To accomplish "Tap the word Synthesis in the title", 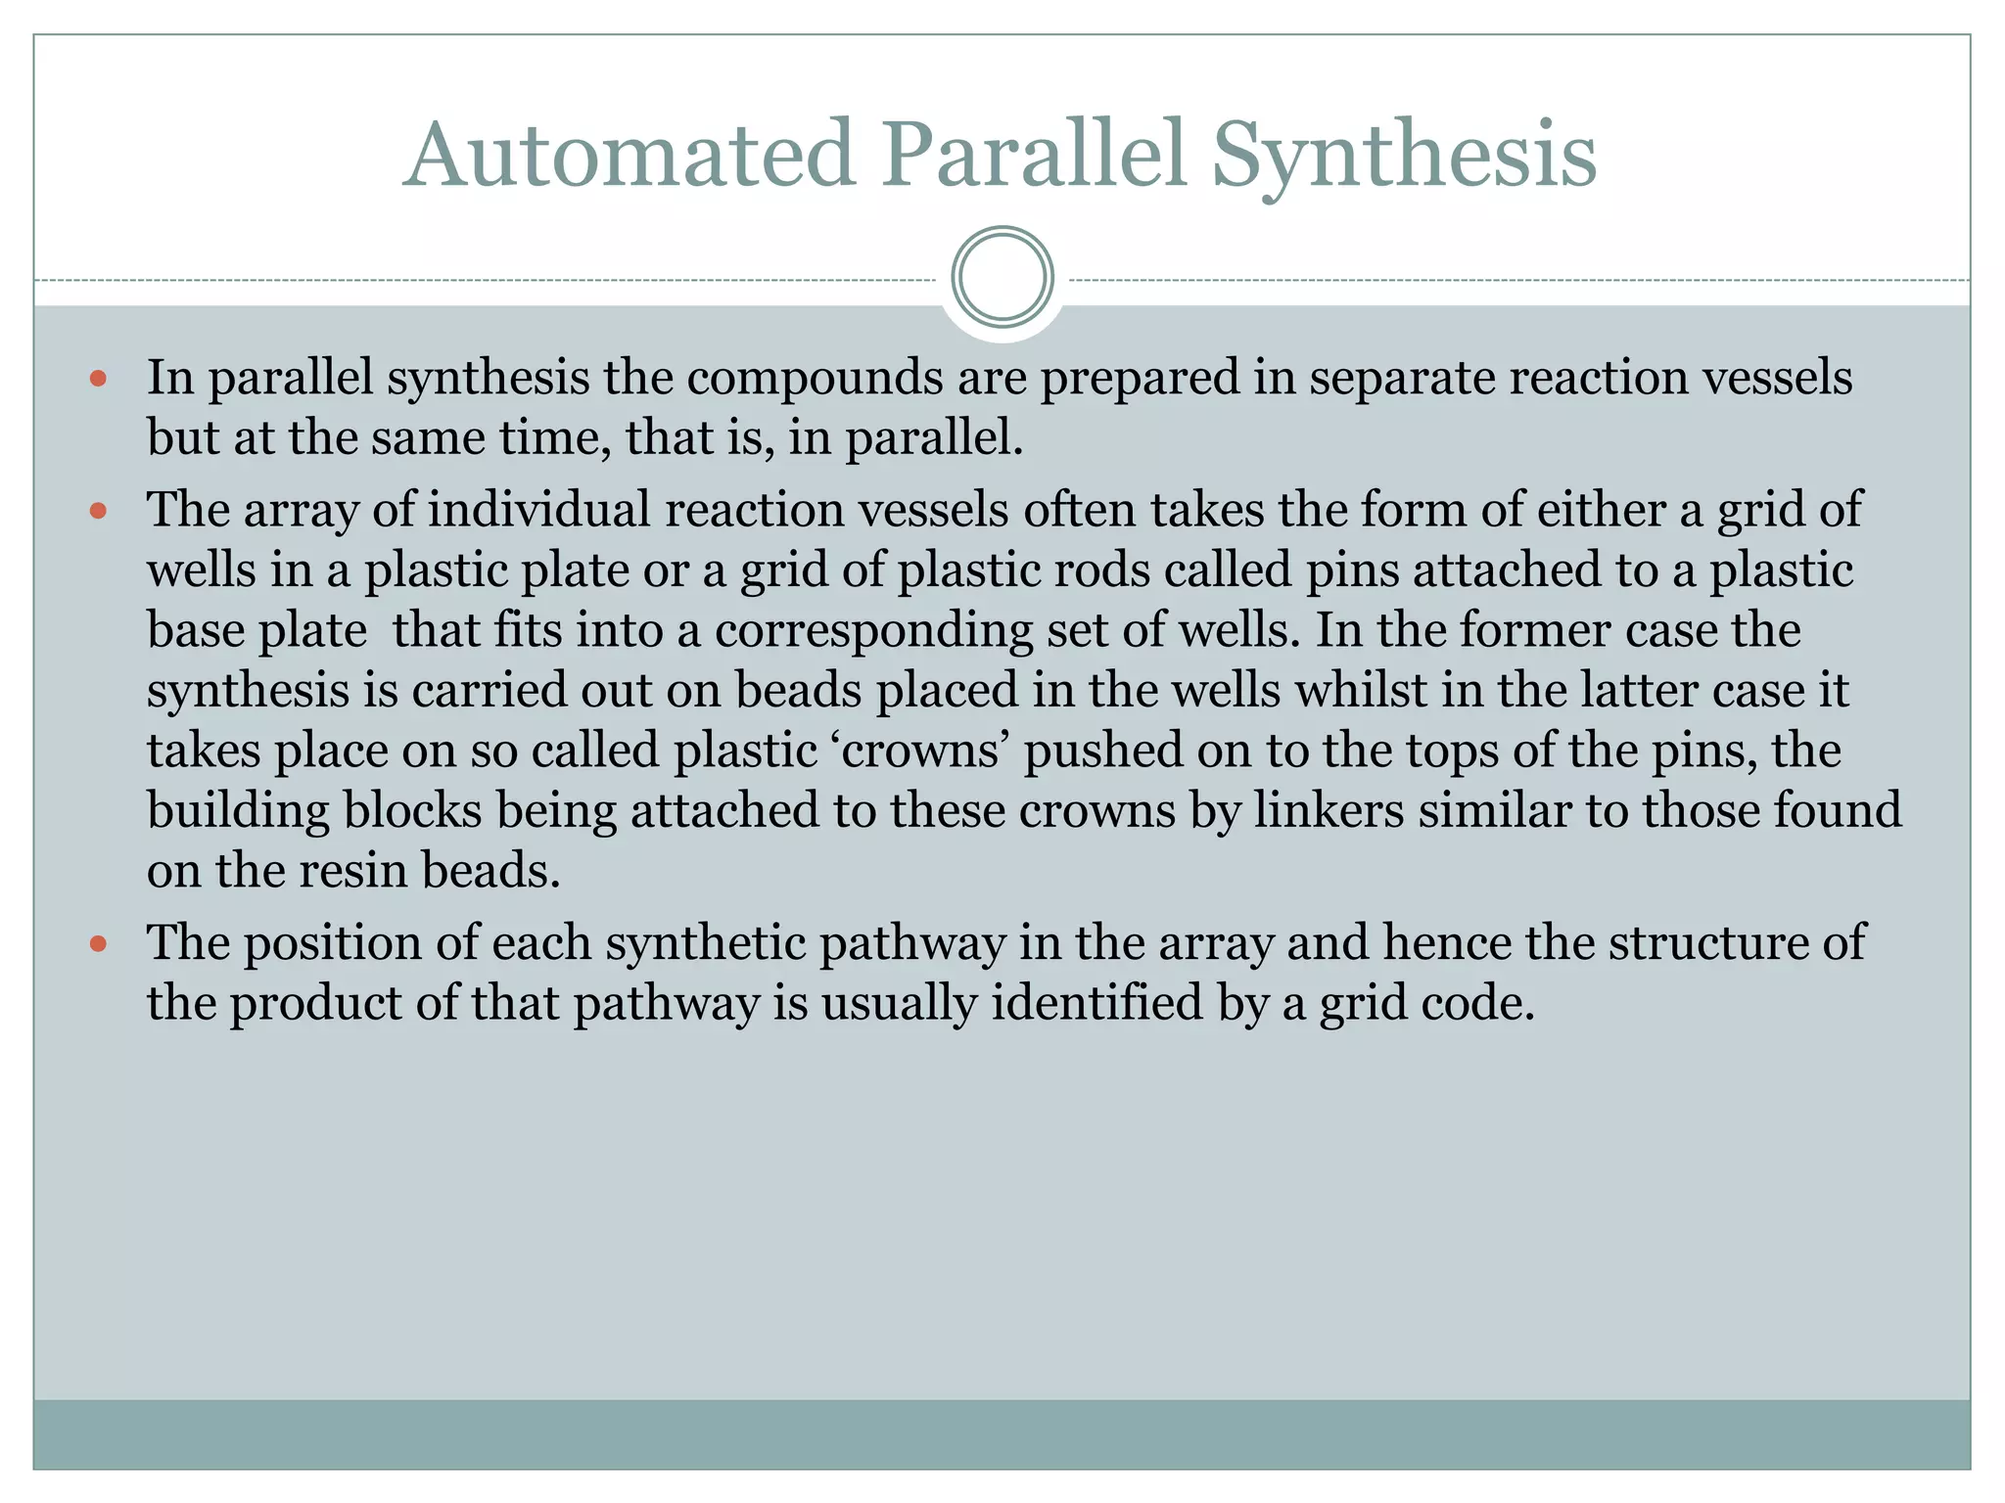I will coord(1403,155).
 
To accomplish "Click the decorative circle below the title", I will coord(1002,278).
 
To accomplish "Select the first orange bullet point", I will coord(97,379).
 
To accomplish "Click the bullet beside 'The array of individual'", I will coord(97,511).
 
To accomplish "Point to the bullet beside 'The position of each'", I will coord(97,944).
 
